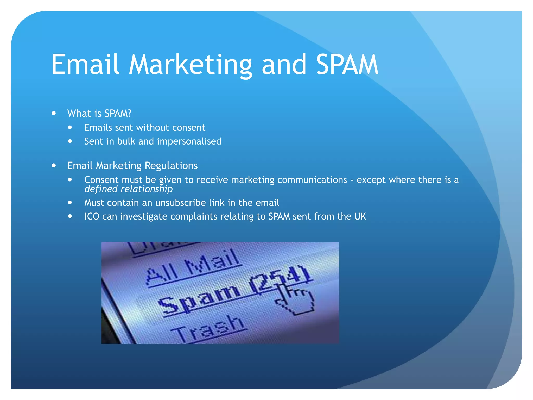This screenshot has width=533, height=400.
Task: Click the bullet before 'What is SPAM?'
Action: tap(54, 113)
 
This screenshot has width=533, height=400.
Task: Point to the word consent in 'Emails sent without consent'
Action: tap(189, 128)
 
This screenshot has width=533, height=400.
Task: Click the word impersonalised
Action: tap(189, 141)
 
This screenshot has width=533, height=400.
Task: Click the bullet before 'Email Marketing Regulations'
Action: tap(54, 166)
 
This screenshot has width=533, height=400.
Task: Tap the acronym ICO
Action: tap(92, 217)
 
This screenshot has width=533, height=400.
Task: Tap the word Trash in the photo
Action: tap(208, 328)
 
